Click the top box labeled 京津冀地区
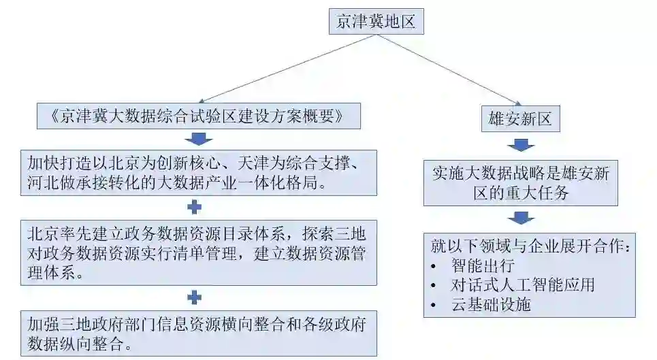pos(376,22)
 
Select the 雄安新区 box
pos(520,120)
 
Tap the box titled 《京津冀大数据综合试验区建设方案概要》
pos(197,116)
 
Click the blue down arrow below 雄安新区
pos(520,144)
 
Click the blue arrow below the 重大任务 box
pos(520,217)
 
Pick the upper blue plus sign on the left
pos(196,207)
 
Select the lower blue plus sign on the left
pos(195,297)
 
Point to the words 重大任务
pos(541,193)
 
